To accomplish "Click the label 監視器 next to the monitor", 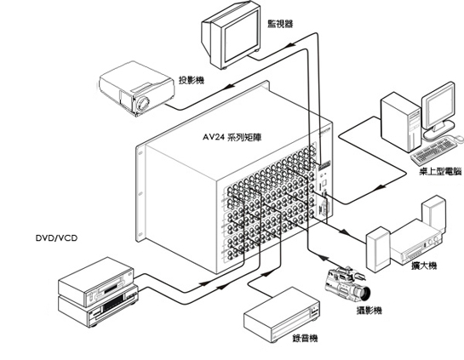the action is pyautogui.click(x=280, y=24).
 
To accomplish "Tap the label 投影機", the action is pyautogui.click(x=192, y=80).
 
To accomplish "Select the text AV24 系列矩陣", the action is pyautogui.click(x=232, y=137).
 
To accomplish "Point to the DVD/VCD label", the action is pyautogui.click(x=56, y=237).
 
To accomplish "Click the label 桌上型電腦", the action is pyautogui.click(x=440, y=171).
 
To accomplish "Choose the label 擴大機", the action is pyautogui.click(x=424, y=266).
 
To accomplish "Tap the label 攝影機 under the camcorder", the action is pyautogui.click(x=369, y=311).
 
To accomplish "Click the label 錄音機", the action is pyautogui.click(x=305, y=338).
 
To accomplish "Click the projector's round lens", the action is pyautogui.click(x=144, y=104).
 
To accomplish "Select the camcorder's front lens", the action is pyautogui.click(x=365, y=293).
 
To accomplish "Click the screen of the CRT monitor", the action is pyautogui.click(x=241, y=36).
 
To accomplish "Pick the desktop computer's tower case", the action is pyautogui.click(x=401, y=122).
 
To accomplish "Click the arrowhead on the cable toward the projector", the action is pyautogui.click(x=230, y=87).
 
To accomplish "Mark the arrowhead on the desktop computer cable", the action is pyautogui.click(x=381, y=187).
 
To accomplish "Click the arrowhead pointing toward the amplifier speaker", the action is pyautogui.click(x=344, y=231).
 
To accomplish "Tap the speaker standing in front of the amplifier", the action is pyautogui.click(x=378, y=249).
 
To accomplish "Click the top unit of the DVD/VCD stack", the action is pyautogui.click(x=96, y=282).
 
